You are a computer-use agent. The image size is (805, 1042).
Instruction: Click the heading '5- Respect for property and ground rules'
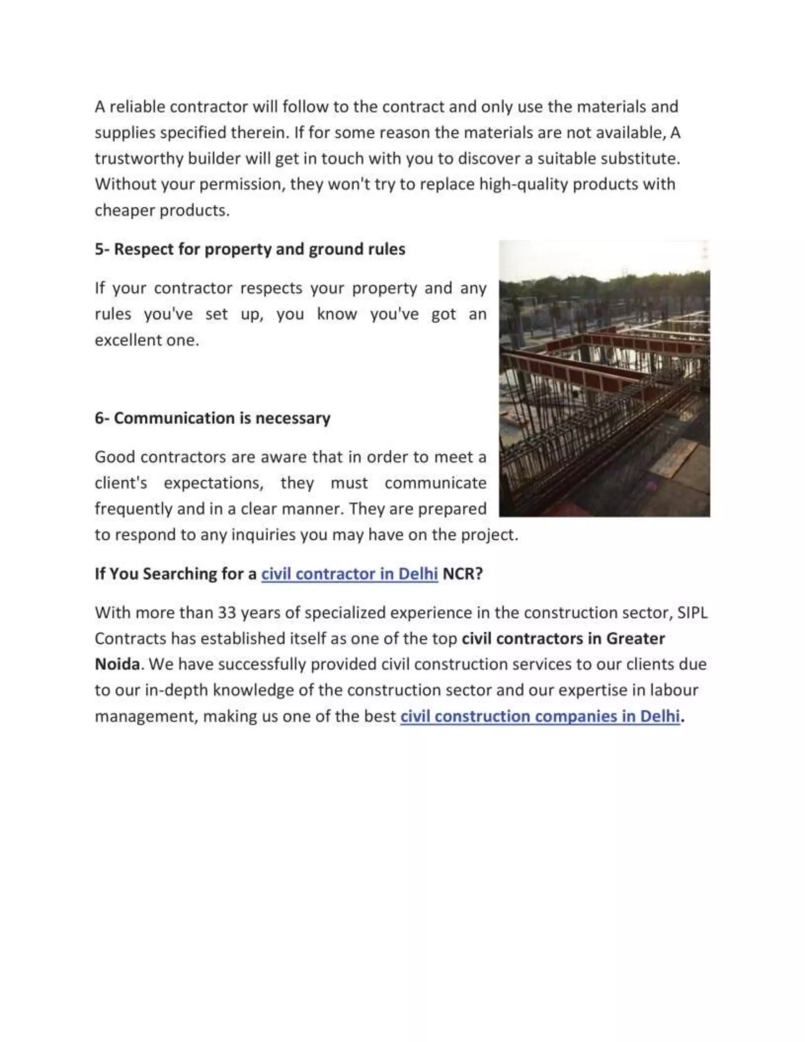(250, 249)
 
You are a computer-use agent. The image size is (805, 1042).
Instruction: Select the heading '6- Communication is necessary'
(213, 418)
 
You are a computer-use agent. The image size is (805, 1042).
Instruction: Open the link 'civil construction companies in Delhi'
(539, 716)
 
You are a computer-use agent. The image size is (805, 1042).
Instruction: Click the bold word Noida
(117, 664)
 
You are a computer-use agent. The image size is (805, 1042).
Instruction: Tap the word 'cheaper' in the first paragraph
(125, 210)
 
